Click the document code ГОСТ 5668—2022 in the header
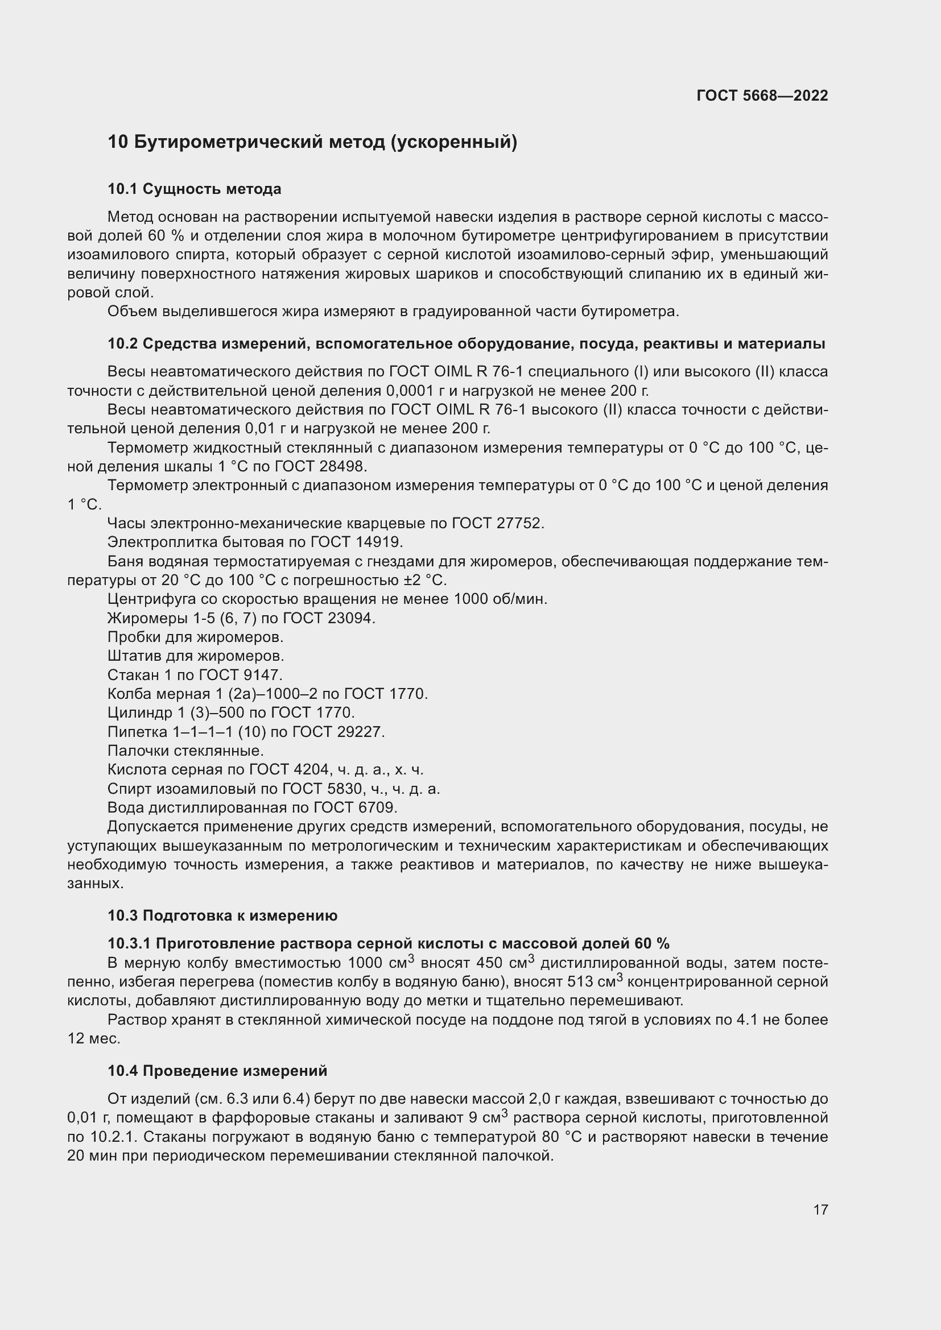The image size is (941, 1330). click(x=762, y=96)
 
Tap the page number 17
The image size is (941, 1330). click(x=820, y=1209)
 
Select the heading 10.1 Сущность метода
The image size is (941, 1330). click(x=194, y=189)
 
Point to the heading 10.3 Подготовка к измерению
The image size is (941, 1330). click(x=222, y=916)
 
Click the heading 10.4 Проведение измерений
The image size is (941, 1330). click(x=217, y=1071)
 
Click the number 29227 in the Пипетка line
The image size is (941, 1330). click(x=360, y=732)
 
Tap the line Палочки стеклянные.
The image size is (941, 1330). click(x=185, y=751)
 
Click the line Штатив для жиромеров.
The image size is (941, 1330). click(x=195, y=656)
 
